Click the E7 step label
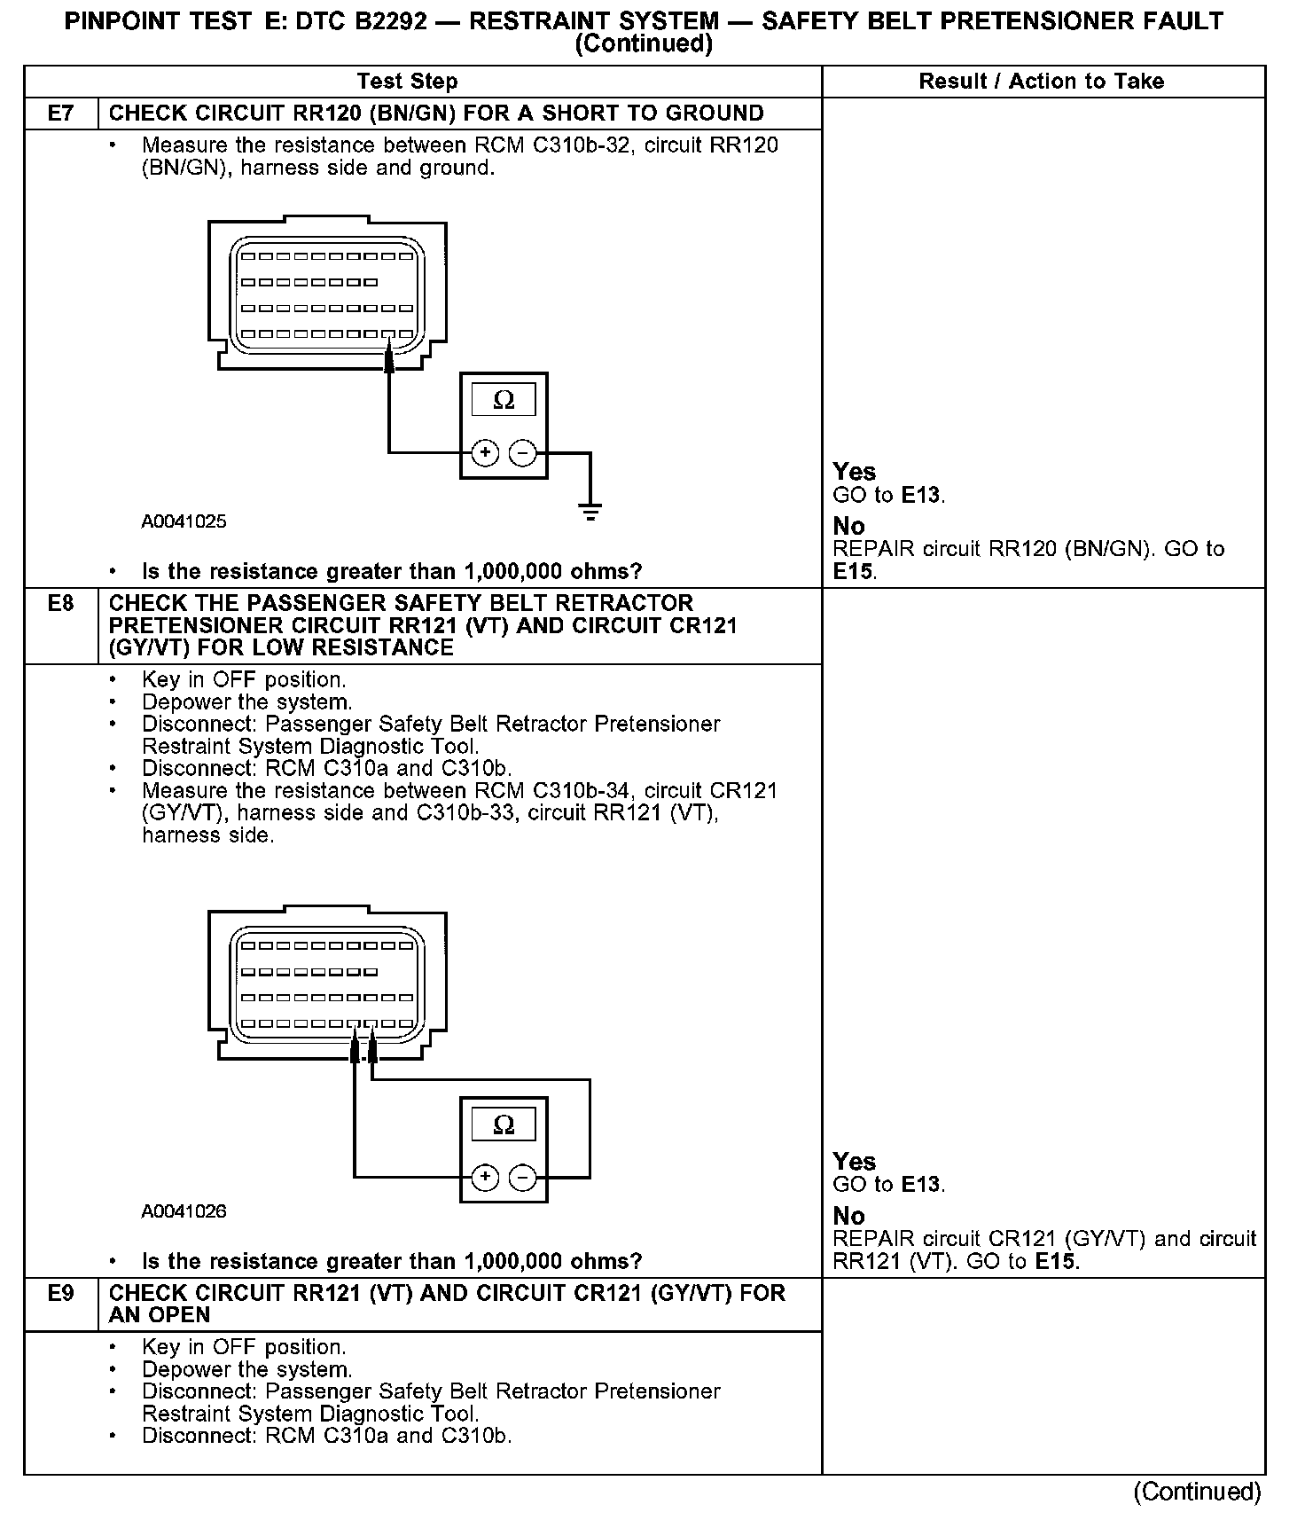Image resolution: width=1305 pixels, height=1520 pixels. point(60,114)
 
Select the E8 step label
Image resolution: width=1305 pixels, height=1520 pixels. point(60,604)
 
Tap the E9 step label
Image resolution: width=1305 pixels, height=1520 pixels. point(60,1294)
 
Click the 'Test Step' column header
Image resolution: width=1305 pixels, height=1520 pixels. point(407,82)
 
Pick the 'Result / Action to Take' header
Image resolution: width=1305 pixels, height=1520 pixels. point(1041,82)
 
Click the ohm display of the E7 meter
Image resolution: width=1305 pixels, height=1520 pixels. point(504,401)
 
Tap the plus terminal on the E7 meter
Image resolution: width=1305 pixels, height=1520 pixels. point(484,453)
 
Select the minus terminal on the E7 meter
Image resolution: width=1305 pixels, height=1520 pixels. point(523,453)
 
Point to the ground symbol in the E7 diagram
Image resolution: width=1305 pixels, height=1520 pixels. point(590,510)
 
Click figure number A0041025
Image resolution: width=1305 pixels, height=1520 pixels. point(184,521)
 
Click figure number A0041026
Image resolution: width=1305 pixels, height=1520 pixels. point(184,1211)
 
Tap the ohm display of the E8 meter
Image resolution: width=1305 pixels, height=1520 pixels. point(504,1125)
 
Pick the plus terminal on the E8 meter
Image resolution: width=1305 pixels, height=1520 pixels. point(484,1178)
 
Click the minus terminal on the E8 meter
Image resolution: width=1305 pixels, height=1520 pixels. point(523,1178)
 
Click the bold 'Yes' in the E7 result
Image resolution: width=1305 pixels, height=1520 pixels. point(854,472)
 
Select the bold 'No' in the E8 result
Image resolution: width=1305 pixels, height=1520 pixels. point(848,1216)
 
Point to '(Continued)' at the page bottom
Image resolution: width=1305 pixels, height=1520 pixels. point(1197,1492)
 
